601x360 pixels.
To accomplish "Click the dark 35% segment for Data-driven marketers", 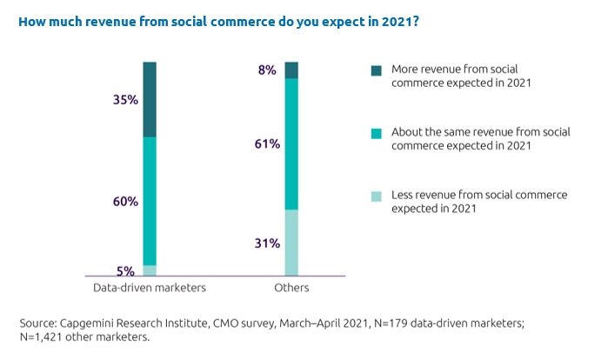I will pos(150,99).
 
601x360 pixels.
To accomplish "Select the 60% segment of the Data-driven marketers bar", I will pos(150,201).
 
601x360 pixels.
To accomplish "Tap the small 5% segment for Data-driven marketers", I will pos(150,270).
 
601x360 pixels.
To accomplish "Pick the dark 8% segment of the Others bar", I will pos(291,70).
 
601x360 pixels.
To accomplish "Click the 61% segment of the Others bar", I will pos(291,143).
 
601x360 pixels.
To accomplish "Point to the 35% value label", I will pos(125,100).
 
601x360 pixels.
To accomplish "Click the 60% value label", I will pos(125,202).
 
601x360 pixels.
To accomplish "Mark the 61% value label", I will pos(268,144).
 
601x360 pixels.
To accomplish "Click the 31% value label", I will pos(268,244).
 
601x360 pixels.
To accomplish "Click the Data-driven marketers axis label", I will pos(150,288).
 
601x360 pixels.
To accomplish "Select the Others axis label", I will pos(291,288).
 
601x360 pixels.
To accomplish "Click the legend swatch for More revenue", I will pos(376,69).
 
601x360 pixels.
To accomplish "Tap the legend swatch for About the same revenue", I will pos(376,133).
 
